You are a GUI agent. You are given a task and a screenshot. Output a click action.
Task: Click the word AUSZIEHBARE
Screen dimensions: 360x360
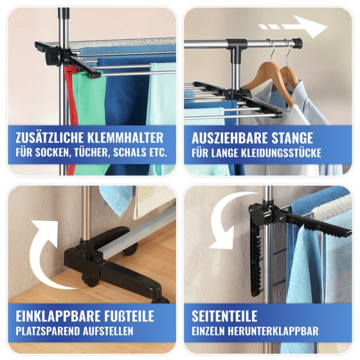(229, 138)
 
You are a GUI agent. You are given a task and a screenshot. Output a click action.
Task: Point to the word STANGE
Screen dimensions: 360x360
(293, 138)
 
